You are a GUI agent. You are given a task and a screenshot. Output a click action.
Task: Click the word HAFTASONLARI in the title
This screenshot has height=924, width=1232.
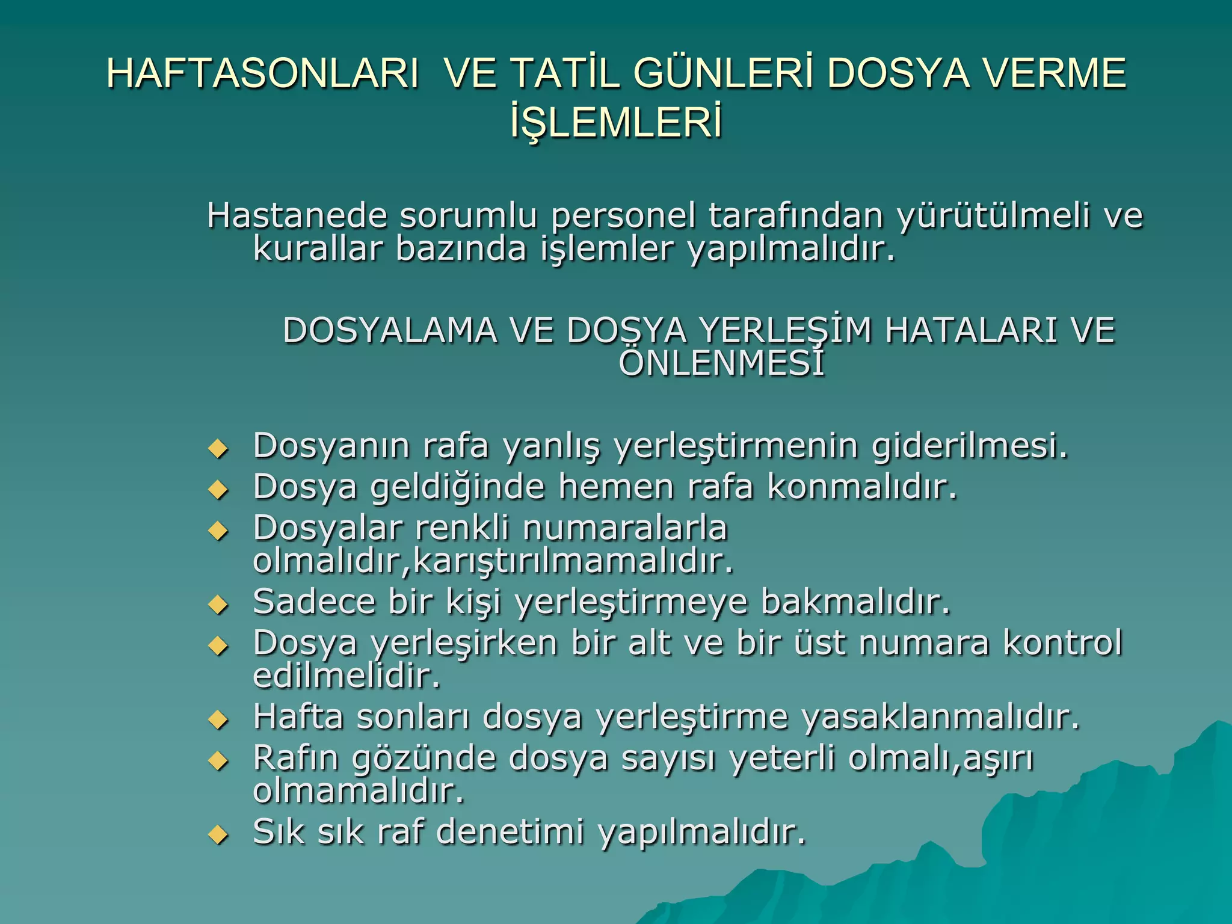coord(263,73)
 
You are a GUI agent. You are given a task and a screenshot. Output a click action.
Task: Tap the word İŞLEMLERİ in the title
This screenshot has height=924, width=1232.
coord(616,123)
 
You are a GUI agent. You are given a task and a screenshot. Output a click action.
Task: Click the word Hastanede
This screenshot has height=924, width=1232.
coord(296,216)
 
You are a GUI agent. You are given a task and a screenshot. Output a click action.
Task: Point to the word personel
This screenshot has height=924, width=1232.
coord(623,216)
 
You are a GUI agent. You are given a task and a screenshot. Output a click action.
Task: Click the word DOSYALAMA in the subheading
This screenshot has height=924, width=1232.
coord(390,331)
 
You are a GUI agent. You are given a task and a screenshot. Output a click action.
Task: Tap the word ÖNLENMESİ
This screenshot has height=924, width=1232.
coord(721,363)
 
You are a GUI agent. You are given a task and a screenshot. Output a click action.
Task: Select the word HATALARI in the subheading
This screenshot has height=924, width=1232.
coord(970,331)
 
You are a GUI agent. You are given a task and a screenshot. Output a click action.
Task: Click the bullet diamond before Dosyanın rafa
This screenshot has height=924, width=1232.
coord(218,449)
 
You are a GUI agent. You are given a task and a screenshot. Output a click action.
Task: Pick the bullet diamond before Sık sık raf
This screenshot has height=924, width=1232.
coord(218,835)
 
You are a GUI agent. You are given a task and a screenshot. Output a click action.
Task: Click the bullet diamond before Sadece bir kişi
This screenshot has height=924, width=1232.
coord(218,605)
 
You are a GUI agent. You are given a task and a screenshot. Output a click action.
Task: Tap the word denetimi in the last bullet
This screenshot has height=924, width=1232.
coord(510,833)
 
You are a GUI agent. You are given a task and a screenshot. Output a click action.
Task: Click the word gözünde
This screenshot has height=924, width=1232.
coord(423,759)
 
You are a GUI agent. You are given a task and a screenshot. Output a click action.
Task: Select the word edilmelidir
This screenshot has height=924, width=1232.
coord(346,676)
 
